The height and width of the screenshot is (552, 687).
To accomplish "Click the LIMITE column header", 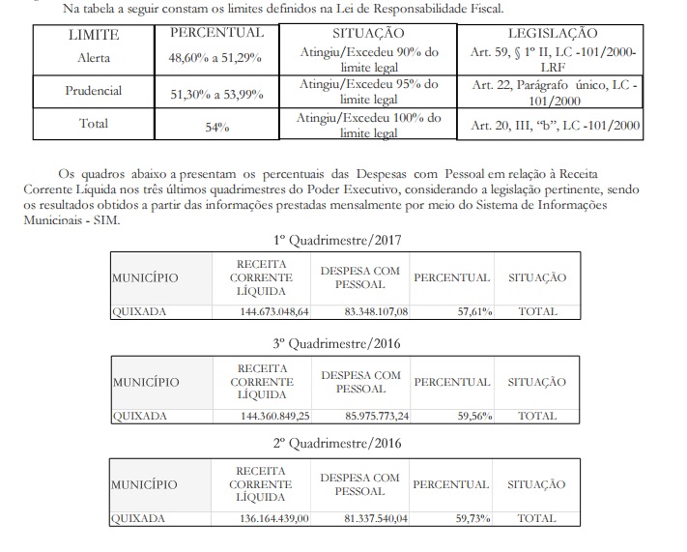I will (x=94, y=34).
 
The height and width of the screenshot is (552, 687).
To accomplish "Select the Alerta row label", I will (x=95, y=57).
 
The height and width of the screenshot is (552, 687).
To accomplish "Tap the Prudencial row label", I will (x=95, y=90).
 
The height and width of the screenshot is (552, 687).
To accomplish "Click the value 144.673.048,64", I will (x=274, y=312).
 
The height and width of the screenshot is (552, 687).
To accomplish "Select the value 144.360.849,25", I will (x=274, y=416).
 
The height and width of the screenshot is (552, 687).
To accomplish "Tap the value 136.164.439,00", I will (x=274, y=519).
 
